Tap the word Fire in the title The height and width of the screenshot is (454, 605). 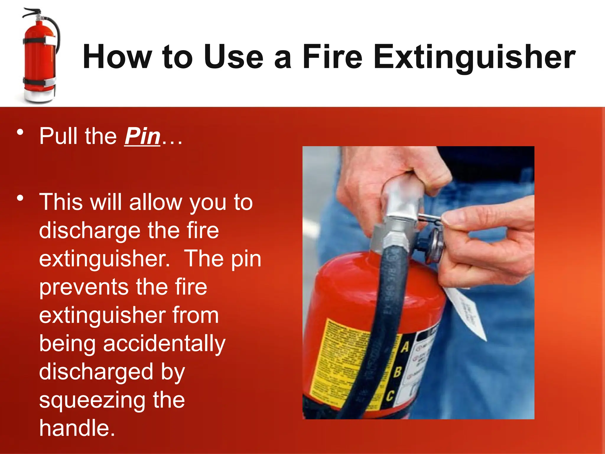(332, 57)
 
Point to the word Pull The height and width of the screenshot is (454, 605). (58, 136)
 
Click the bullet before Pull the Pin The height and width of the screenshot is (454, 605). (20, 132)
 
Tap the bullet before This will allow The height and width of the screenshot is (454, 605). (20, 198)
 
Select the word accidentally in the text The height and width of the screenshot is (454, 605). (164, 344)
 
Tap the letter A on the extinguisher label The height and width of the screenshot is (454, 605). (405, 347)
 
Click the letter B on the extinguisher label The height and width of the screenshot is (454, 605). (398, 372)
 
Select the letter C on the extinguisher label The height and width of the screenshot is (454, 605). (390, 396)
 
